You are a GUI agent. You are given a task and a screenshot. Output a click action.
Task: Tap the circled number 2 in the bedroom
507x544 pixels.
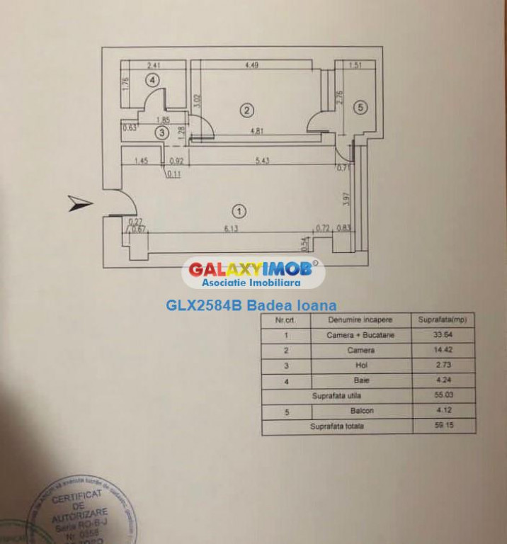246,110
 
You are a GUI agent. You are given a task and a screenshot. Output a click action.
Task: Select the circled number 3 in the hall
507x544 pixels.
162,132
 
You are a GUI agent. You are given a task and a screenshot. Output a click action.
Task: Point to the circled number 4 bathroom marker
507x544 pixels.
154,79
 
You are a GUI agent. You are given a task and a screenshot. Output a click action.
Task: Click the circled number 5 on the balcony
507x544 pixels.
360,108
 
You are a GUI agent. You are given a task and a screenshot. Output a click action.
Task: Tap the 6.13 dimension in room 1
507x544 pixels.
229,227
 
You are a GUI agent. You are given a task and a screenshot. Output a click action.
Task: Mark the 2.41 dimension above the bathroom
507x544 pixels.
154,66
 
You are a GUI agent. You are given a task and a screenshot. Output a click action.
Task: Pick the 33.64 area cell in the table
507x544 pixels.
443,335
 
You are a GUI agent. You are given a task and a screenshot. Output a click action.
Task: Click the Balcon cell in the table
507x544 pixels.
360,411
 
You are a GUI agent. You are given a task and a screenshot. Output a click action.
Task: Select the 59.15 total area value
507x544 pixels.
443,426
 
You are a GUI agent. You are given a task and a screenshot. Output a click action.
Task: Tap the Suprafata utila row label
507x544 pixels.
336,396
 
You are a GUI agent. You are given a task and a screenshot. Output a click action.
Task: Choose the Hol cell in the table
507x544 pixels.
360,365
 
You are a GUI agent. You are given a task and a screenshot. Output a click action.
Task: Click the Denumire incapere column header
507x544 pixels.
360,319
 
